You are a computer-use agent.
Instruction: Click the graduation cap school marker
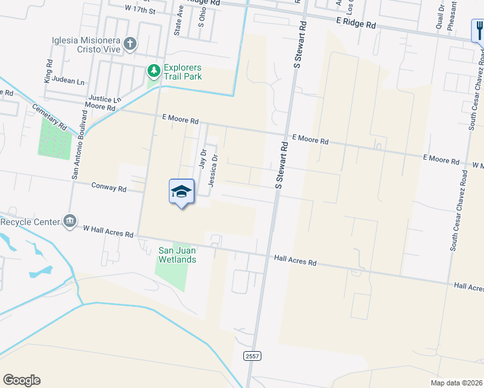(x=182, y=191)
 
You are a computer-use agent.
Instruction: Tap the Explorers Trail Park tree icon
(x=153, y=70)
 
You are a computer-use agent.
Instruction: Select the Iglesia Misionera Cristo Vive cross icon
(x=131, y=44)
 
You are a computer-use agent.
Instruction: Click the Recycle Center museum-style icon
(x=69, y=221)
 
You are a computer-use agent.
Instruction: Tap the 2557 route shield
(x=252, y=356)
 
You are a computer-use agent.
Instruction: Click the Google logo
(x=21, y=380)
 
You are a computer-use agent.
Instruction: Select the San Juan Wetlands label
(x=177, y=255)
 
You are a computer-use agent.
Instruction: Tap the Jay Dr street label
(x=203, y=159)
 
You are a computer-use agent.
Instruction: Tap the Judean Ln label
(x=71, y=82)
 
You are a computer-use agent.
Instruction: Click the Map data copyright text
(x=456, y=382)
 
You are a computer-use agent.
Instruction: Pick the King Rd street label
(x=49, y=72)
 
